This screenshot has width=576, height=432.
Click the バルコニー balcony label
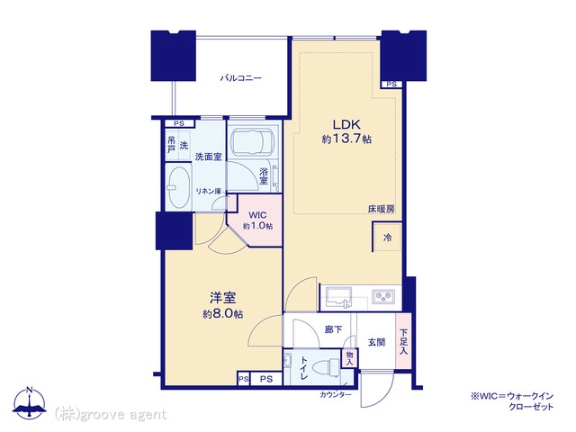[240, 78]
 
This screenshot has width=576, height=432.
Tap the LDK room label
[346, 124]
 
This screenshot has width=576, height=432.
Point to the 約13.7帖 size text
[346, 139]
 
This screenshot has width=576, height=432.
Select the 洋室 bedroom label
[222, 298]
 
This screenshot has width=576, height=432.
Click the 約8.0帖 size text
[222, 314]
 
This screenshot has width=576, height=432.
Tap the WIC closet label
[257, 215]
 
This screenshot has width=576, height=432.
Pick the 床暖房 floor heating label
[382, 209]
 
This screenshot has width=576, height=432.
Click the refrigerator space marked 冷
[387, 237]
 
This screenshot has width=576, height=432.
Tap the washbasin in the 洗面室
[178, 188]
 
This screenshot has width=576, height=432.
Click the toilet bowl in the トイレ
[329, 366]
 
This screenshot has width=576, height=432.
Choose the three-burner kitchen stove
[384, 296]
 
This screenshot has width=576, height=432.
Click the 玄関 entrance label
[376, 342]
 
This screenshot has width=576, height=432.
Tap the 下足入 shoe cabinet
[403, 341]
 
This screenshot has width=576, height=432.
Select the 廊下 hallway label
[333, 329]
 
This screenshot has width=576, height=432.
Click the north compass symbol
[30, 402]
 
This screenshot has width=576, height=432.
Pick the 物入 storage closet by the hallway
[349, 358]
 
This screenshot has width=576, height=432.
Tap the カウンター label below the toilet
[336, 395]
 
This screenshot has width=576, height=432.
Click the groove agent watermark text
[110, 414]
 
